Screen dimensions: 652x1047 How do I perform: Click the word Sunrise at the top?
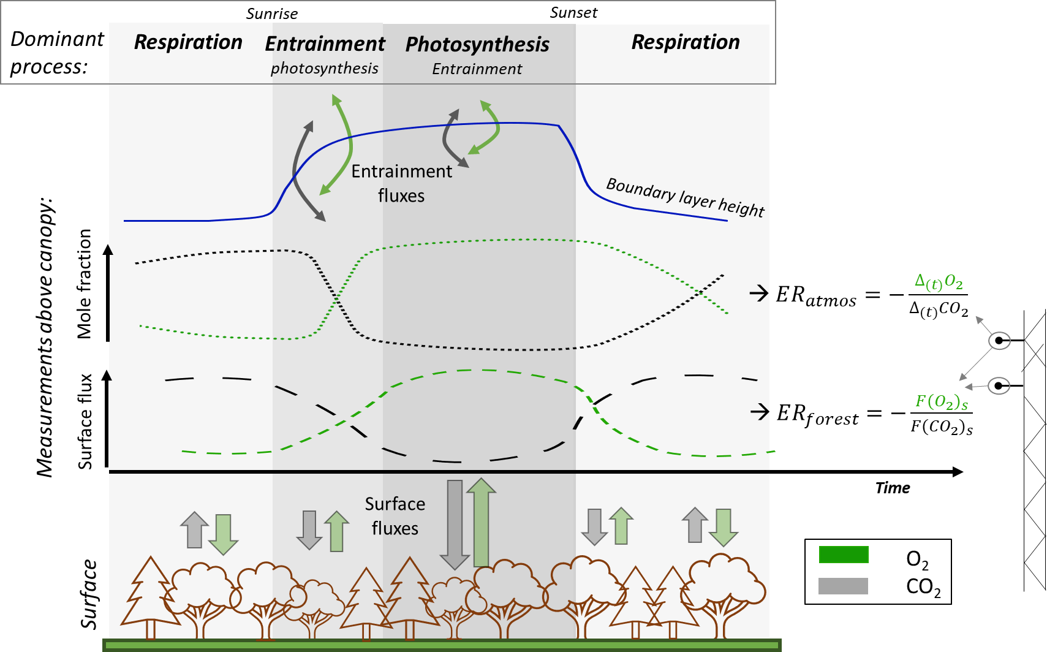point(272,13)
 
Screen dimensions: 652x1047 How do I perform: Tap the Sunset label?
point(573,13)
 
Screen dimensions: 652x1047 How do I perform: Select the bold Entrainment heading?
point(325,44)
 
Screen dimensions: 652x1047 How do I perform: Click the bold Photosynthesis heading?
point(477,45)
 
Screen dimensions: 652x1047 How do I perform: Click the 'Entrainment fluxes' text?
point(401,183)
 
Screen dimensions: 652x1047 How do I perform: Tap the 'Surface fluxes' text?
point(395,516)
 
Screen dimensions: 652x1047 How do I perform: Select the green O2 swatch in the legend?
point(844,555)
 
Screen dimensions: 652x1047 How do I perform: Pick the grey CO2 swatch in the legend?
point(844,586)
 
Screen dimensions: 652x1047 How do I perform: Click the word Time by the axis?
point(892,488)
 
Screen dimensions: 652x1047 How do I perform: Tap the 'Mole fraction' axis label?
point(84,284)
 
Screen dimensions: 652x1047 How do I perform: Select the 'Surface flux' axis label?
point(85,422)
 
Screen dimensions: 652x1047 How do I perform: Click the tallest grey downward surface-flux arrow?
point(455,525)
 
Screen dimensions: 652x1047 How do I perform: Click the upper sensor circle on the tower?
point(999,340)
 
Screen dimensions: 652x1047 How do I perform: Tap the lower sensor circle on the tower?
point(999,385)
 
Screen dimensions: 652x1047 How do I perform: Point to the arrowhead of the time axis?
point(958,471)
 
